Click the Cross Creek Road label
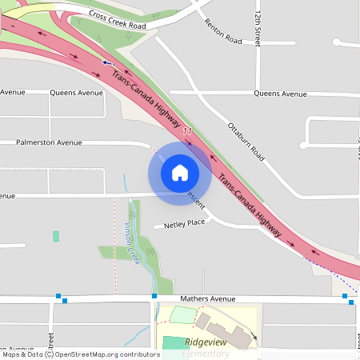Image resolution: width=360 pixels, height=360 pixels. [118, 19]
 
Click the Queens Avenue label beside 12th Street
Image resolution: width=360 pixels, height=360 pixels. [280, 94]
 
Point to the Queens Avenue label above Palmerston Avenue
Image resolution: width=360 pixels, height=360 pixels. [76, 93]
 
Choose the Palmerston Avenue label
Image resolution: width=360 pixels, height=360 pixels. [49, 142]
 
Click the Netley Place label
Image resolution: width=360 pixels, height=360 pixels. [185, 224]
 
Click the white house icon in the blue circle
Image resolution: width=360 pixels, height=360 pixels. [179, 172]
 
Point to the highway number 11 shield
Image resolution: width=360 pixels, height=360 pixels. [187, 130]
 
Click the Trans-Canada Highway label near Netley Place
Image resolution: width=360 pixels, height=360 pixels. [250, 206]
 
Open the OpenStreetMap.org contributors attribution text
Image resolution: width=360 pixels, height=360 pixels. [102, 354]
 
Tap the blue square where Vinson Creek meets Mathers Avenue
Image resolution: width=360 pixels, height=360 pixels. [154, 296]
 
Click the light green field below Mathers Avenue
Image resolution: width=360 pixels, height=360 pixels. [182, 315]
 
